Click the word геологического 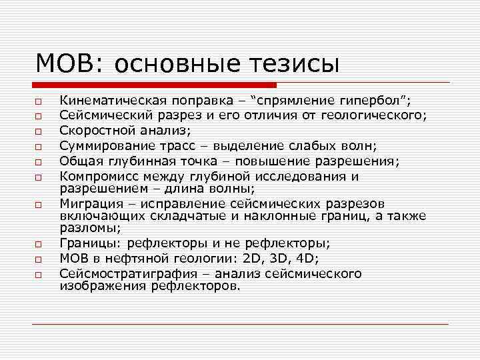coord(369,115)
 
